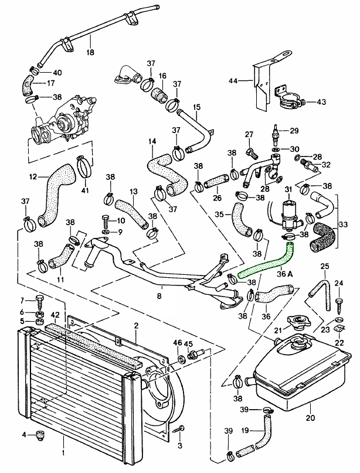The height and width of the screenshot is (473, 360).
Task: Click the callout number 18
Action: (90, 52)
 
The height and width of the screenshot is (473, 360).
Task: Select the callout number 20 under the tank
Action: (310, 418)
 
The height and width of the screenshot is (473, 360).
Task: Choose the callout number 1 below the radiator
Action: (63, 452)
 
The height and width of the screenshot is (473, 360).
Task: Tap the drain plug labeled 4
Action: (42, 435)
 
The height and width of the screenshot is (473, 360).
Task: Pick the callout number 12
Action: (33, 176)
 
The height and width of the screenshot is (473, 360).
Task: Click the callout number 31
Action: (288, 189)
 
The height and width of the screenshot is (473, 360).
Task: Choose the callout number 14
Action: (152, 141)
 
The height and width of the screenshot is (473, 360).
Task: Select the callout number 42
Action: (54, 315)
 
